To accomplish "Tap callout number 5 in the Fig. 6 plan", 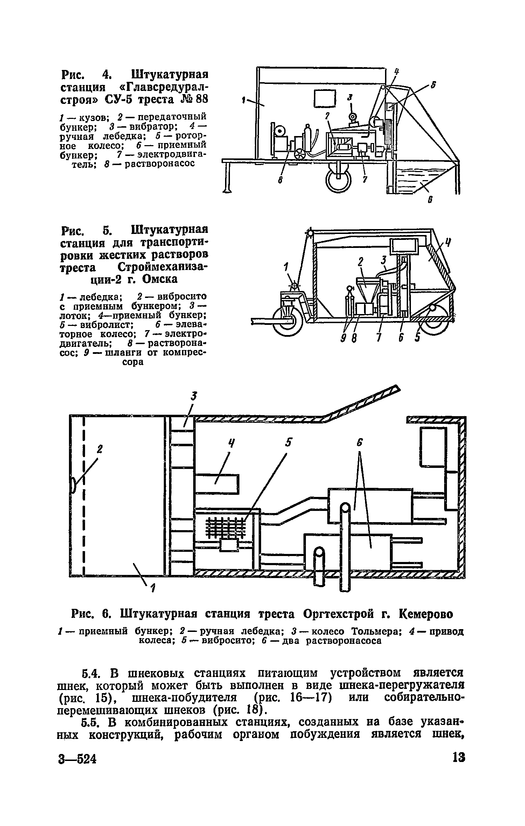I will pos(288,443).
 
